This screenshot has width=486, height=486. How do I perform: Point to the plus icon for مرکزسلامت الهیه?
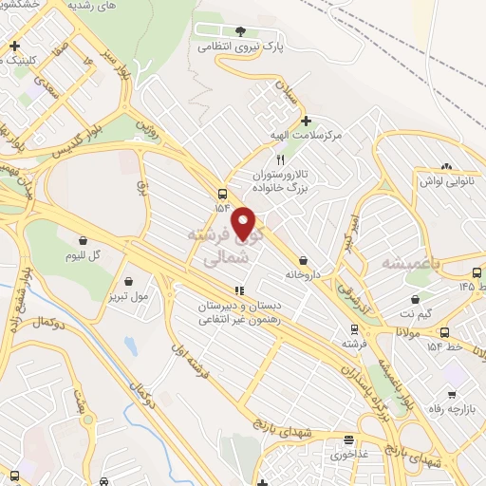click(306, 121)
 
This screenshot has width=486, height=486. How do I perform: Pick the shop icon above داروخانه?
click(303, 259)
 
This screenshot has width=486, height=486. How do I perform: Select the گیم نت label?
click(415, 312)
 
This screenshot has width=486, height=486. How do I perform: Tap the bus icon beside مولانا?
click(445, 332)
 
